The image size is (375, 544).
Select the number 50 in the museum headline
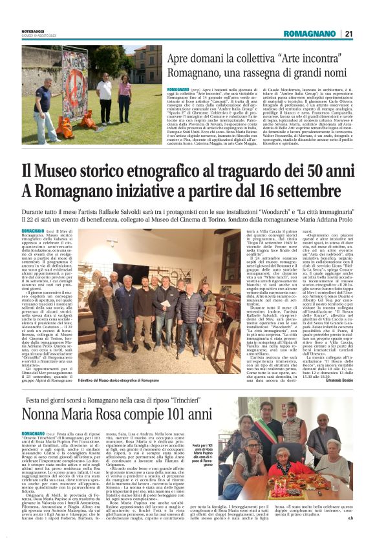pyautogui.click(x=299, y=172)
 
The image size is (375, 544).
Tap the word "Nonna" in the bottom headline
pyautogui.click(x=56, y=412)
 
